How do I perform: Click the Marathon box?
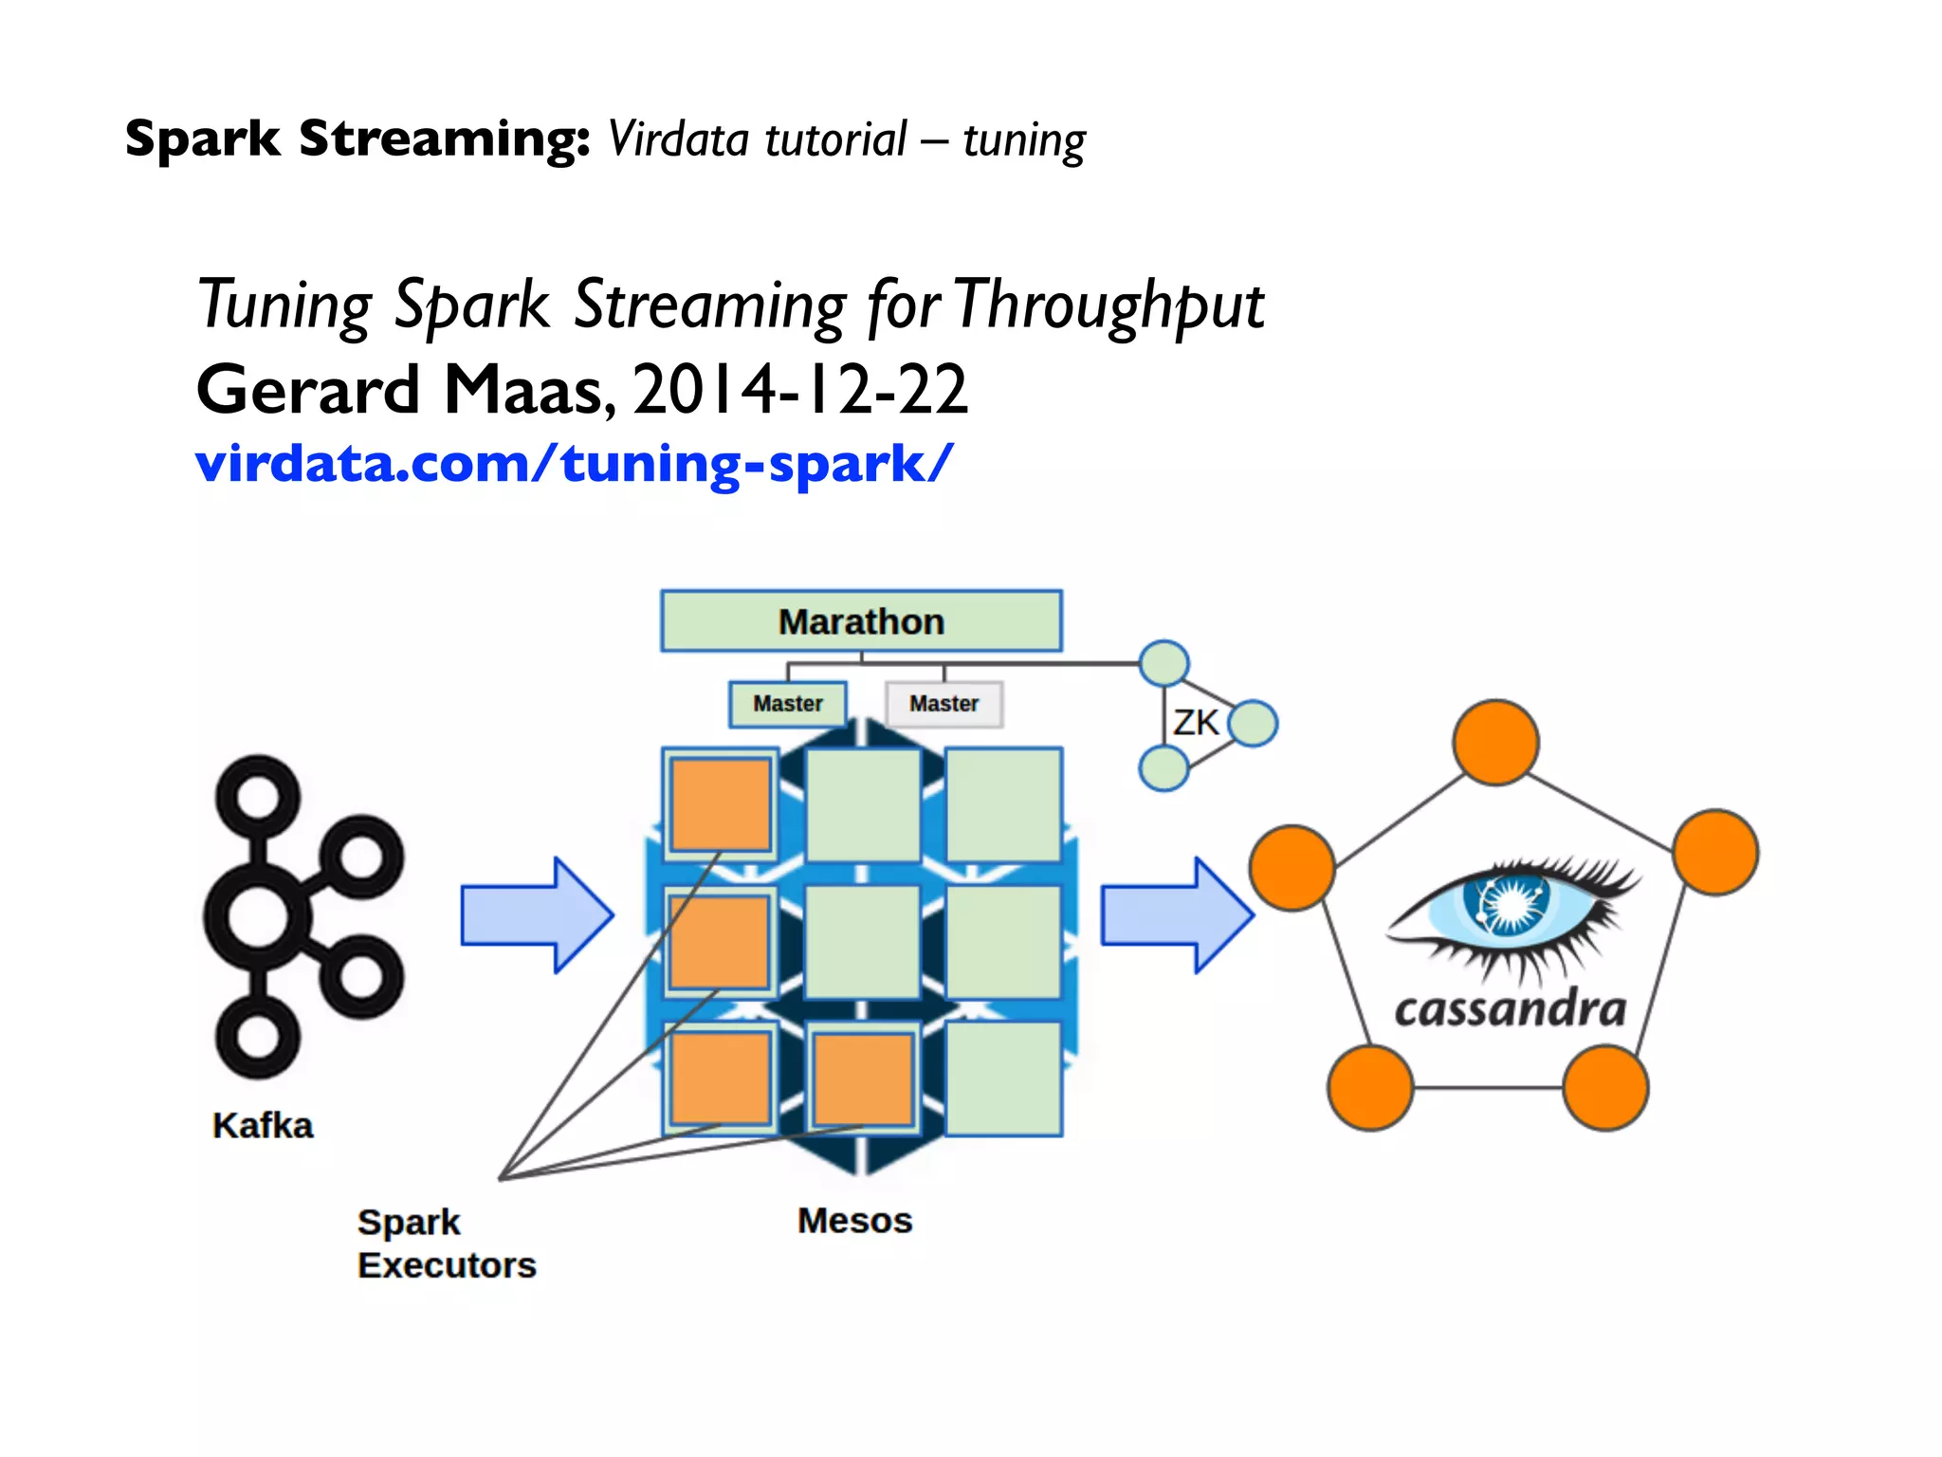[x=861, y=621]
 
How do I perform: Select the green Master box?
[x=787, y=704]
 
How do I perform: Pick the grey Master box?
[x=944, y=704]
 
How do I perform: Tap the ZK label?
[x=1195, y=723]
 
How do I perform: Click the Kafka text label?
[x=263, y=1126]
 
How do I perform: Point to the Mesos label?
[x=854, y=1221]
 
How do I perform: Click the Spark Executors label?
[x=446, y=1244]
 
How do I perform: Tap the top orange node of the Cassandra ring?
[x=1495, y=743]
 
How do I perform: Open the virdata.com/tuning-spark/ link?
[x=573, y=464]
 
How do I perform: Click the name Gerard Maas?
[x=403, y=390]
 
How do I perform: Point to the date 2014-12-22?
[x=800, y=390]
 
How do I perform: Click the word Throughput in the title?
[x=1109, y=305]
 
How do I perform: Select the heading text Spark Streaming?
[x=357, y=139]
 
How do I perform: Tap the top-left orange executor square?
[x=721, y=804]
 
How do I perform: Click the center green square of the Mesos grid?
[x=862, y=942]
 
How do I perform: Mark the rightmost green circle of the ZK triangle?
[x=1254, y=724]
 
